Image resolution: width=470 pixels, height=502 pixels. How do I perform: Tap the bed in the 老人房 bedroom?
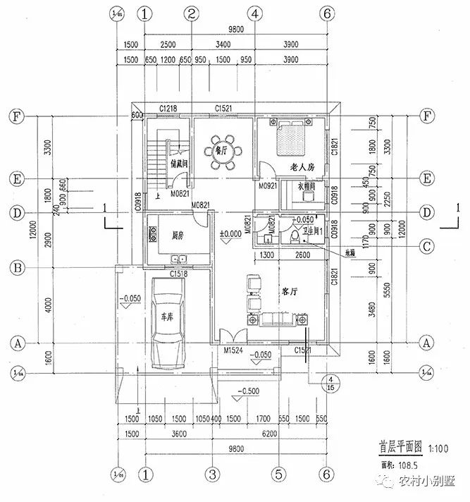(289, 138)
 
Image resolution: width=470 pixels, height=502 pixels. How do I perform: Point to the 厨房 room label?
(175, 235)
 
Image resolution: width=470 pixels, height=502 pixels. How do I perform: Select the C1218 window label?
(168, 108)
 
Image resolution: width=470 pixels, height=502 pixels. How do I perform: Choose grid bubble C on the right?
(425, 245)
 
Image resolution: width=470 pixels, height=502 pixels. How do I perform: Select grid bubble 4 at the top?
(255, 13)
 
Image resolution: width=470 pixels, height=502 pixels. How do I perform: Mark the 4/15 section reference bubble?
(328, 384)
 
